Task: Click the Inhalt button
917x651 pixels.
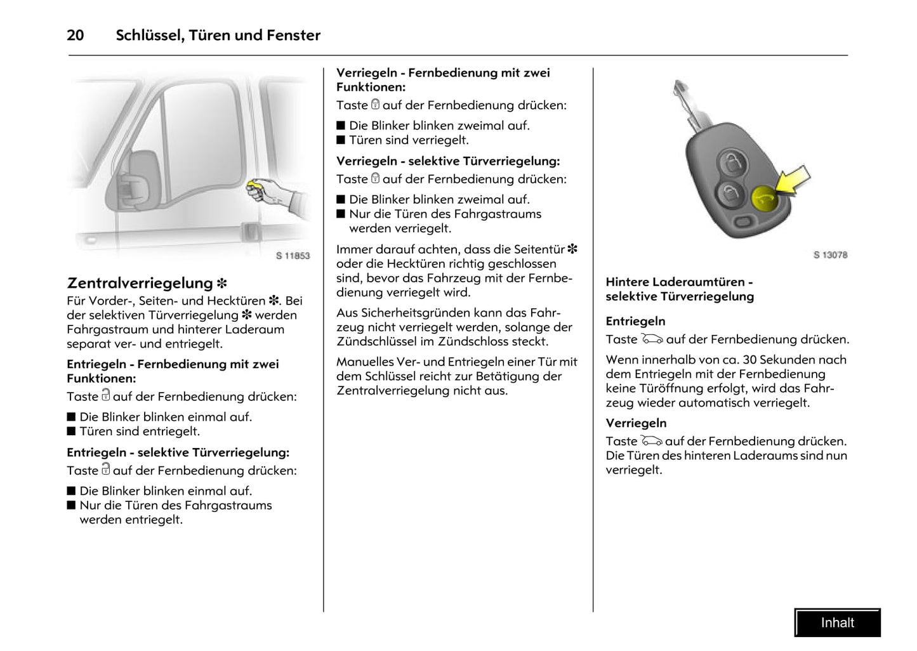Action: (837, 622)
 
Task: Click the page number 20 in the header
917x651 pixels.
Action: (76, 36)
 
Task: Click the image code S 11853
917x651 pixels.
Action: (293, 256)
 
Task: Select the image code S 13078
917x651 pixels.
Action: (830, 254)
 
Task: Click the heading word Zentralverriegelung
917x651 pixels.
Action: (140, 283)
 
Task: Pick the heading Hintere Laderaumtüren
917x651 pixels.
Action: (675, 282)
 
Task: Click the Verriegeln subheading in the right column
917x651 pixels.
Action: (636, 423)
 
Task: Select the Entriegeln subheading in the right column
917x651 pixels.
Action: (635, 321)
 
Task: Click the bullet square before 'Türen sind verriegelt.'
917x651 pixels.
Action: (341, 140)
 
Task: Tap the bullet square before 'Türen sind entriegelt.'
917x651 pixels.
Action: (71, 431)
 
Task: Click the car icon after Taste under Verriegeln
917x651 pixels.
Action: (651, 441)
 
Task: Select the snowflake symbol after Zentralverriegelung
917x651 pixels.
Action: (222, 284)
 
